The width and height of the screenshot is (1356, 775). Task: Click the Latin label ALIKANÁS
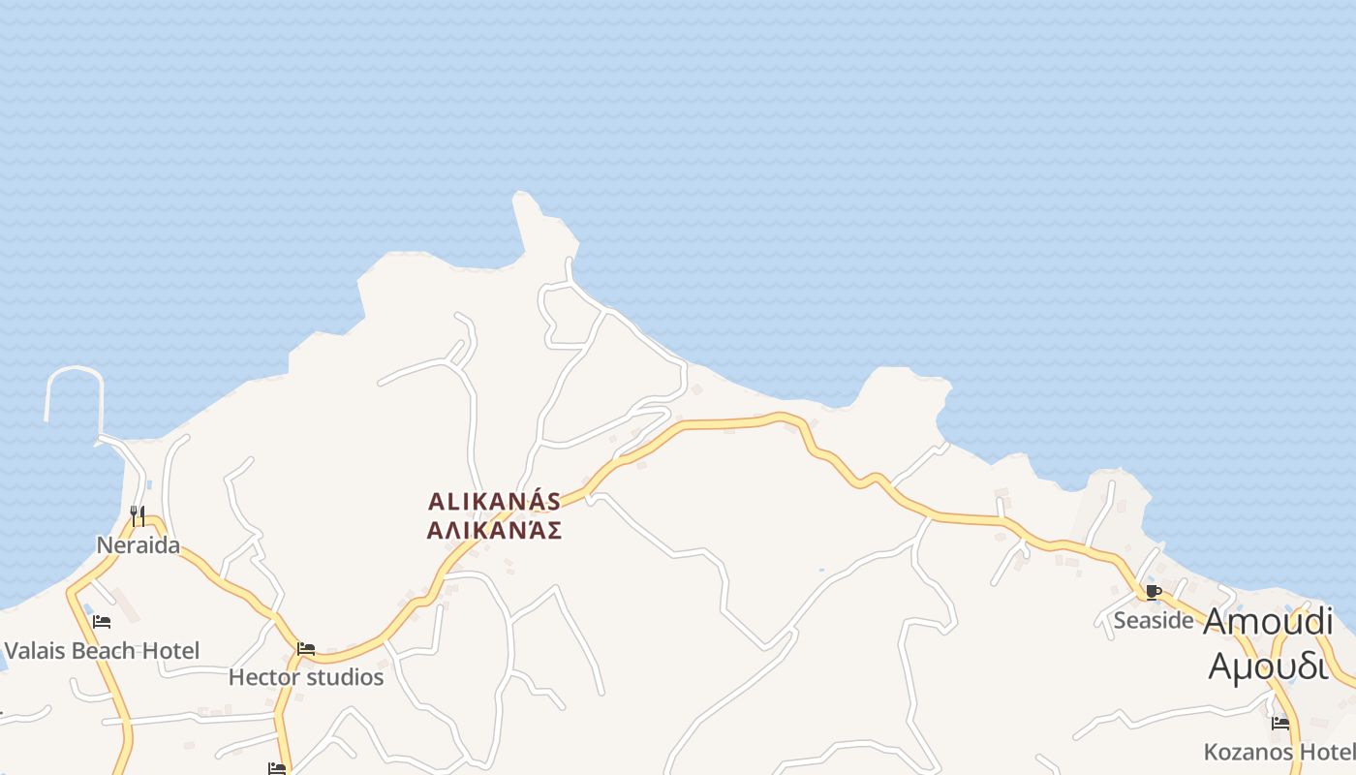494,502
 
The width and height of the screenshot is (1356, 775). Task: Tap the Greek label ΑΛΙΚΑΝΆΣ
494,531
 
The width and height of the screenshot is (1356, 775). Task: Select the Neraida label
138,545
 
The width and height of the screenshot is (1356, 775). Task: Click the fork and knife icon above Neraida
138,514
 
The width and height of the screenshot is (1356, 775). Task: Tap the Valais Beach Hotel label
102,650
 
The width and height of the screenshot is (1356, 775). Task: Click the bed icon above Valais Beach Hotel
102,621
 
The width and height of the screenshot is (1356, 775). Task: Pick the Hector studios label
306,677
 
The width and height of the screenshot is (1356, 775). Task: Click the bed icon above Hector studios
306,648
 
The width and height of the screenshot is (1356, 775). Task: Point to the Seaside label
1153,620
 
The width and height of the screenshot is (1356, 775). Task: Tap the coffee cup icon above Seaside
1153,591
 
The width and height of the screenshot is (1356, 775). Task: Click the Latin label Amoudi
1268,621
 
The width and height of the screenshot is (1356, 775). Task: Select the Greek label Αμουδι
1268,666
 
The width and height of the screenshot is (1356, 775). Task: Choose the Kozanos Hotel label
1279,752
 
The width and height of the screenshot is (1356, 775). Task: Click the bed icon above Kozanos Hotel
1280,723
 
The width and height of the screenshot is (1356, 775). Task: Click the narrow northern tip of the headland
524,198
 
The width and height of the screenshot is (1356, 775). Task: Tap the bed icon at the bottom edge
277,768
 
